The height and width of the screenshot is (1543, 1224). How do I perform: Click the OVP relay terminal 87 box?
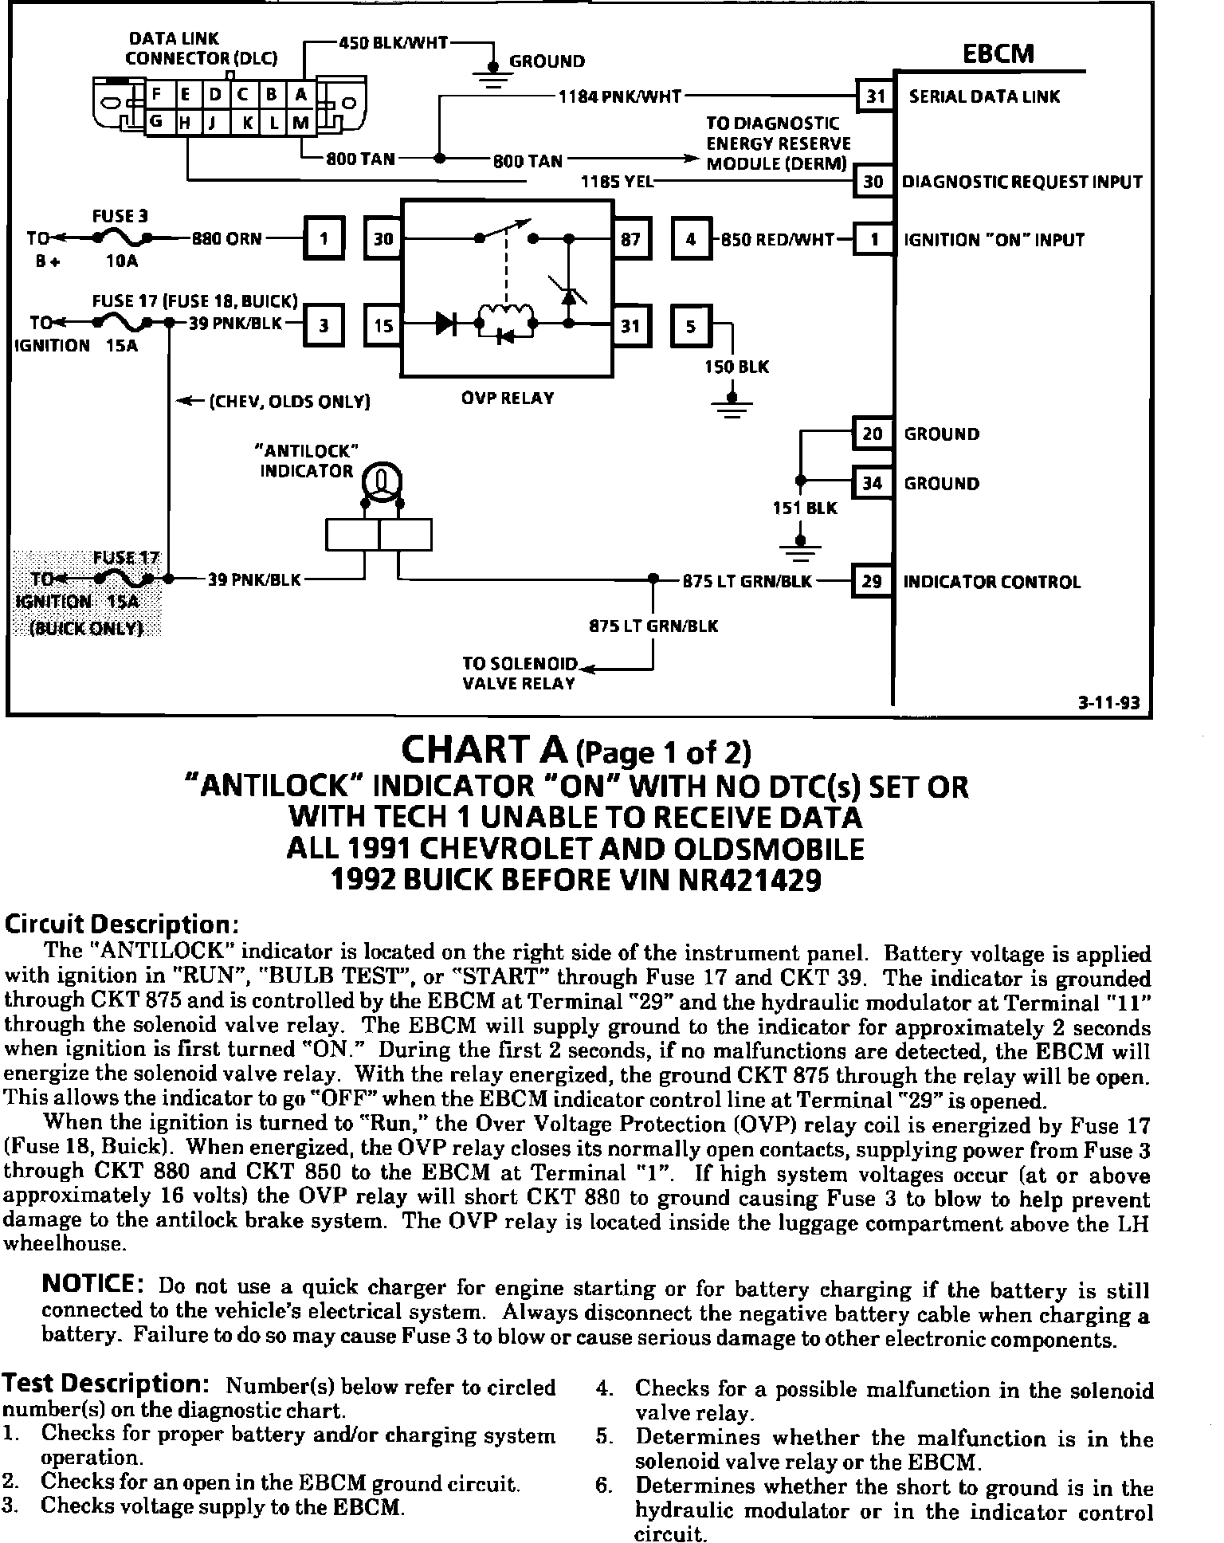630,238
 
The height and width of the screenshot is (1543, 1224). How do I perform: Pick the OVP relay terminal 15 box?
384,325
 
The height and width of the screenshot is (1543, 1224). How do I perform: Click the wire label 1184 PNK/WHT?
619,96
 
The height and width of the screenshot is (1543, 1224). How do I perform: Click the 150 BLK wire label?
736,367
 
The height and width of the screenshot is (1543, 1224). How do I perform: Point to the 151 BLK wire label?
805,508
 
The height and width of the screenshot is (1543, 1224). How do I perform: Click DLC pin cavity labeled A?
300,95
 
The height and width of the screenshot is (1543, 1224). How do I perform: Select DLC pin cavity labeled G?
157,122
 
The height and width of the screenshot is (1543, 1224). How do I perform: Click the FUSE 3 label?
120,217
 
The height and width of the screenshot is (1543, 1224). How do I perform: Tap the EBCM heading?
998,54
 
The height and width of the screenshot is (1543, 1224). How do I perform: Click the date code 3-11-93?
1108,703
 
